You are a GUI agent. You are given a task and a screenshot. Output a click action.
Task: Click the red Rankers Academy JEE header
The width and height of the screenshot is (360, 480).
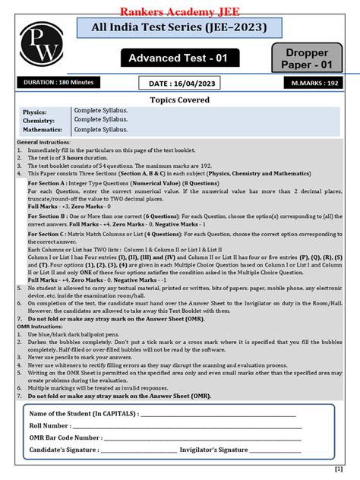coord(180,10)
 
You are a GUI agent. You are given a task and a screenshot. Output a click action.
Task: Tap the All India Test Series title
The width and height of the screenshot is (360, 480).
coord(179,29)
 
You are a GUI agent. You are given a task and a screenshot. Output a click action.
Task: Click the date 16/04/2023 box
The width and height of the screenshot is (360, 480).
coord(179,83)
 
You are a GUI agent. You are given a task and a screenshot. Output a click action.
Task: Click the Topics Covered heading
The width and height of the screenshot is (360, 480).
coord(179,99)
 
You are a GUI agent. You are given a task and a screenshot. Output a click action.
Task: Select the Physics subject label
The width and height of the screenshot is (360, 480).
coord(36,112)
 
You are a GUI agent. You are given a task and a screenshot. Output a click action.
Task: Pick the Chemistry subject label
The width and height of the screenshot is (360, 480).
coord(39,120)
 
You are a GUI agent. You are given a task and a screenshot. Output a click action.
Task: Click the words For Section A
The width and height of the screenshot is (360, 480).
coord(45,183)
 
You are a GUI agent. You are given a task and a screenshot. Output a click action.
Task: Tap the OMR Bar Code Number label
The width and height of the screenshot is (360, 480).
coord(65,437)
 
